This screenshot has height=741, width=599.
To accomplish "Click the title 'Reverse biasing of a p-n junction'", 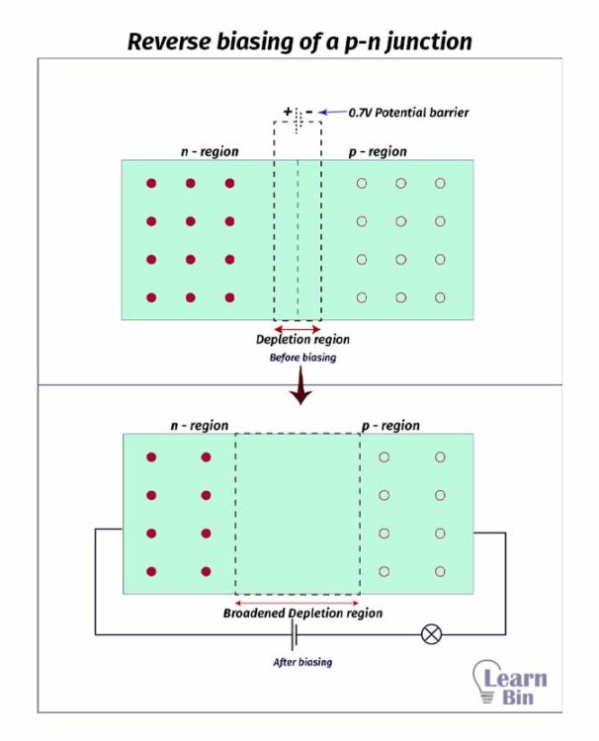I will [299, 41].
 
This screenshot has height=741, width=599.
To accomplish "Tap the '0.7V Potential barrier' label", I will [408, 113].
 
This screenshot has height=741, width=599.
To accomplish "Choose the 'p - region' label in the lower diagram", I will [389, 426].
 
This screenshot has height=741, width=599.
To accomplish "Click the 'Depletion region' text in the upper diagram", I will [302, 340].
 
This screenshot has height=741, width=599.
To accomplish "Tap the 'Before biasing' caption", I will [302, 358].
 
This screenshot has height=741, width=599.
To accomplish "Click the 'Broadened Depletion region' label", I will [302, 614].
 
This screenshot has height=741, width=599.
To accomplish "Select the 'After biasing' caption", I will [302, 662].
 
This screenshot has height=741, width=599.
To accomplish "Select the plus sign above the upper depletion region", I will [288, 112].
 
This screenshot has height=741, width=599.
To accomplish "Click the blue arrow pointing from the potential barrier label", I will [331, 112].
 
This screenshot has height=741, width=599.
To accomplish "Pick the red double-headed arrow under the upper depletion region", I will [297, 327].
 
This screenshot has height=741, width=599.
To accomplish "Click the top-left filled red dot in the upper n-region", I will [151, 184].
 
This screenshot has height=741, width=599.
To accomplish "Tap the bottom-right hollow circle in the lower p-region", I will [440, 571].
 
